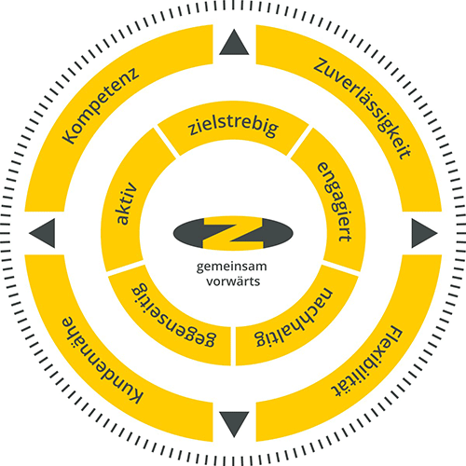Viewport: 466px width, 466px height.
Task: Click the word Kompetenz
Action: point(101,105)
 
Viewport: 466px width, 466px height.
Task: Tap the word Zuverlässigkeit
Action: point(363,108)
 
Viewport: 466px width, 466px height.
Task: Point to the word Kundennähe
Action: point(102,361)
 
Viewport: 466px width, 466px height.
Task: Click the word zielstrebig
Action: point(234,126)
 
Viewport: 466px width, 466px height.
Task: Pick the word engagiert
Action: point(335,201)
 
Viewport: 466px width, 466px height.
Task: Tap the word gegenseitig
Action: point(173,314)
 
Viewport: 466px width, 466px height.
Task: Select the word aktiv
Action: point(127,203)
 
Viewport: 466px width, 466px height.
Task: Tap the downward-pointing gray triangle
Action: point(234,422)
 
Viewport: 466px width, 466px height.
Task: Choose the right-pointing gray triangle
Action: point(422,233)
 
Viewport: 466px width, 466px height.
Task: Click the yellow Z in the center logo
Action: point(233,233)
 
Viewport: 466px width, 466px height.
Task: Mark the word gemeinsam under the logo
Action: point(231,267)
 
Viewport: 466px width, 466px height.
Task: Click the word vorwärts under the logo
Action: point(233,281)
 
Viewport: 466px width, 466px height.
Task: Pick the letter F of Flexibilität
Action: point(395,334)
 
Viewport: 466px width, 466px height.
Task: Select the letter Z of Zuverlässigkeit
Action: point(322,66)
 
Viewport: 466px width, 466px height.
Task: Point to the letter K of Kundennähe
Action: point(135,395)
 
